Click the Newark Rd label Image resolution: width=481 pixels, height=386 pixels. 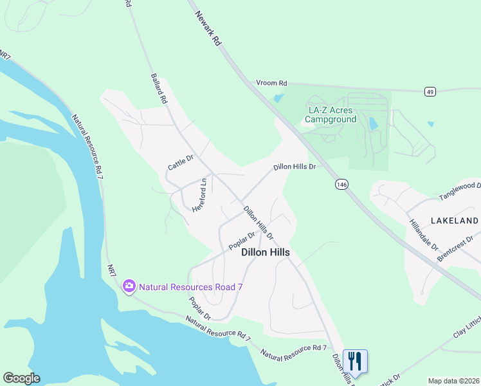tap(207, 27)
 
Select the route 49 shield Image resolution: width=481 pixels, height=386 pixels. tap(430, 92)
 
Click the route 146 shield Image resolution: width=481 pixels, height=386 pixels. tap(341, 185)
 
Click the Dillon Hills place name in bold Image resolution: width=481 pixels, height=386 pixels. tap(265, 253)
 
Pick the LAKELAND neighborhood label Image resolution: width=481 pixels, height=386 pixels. tap(455, 221)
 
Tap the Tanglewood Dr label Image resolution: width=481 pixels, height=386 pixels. tap(459, 190)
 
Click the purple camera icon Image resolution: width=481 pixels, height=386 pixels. tap(129, 286)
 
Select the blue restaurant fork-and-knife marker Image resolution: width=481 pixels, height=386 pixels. tap(355, 360)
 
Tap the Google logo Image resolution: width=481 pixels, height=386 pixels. tap(21, 378)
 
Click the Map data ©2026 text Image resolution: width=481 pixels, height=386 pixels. tap(453, 380)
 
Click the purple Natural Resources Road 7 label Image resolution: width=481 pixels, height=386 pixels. tap(190, 286)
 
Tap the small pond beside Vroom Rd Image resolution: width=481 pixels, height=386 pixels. tap(278, 98)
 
